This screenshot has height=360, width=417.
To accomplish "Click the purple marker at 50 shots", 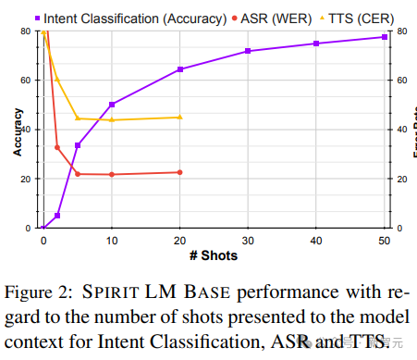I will point(384,37).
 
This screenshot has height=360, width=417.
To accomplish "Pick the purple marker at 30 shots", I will point(248,51).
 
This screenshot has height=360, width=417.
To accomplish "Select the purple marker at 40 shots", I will point(316,43).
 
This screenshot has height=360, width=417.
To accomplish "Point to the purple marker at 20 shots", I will point(179,69).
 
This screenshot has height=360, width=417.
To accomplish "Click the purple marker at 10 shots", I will point(112,105).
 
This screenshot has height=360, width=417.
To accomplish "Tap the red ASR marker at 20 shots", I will point(179,172).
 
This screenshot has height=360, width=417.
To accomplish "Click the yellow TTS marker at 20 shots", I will point(179,117).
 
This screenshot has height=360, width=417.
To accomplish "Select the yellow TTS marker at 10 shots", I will point(112,119).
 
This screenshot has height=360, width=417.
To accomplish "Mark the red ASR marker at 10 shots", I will point(112,174).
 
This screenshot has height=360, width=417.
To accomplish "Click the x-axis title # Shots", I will point(214,254).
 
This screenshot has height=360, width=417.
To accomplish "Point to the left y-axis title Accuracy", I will point(18,130).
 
